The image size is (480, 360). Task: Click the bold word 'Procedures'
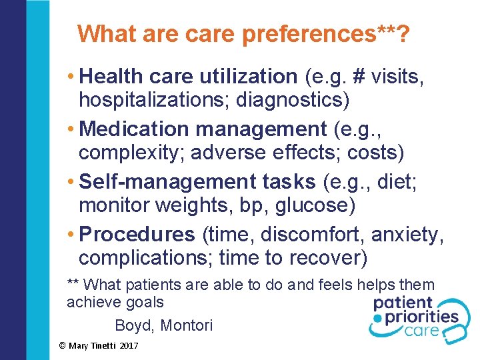[137, 234]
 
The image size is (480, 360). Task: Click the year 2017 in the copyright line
[128, 346]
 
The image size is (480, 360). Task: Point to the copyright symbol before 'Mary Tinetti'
[62, 346]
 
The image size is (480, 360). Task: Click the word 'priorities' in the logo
[421, 316]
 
